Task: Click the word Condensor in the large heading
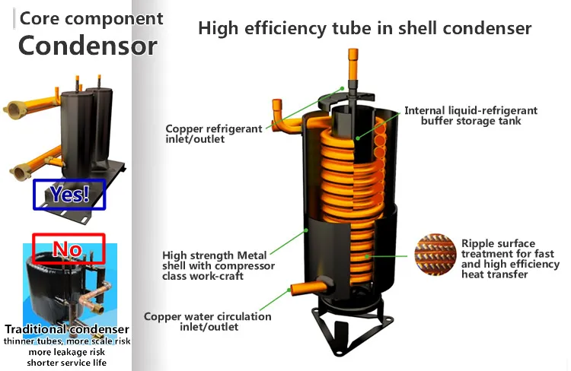point(88,46)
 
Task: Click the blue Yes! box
point(69,194)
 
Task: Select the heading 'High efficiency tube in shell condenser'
point(365,29)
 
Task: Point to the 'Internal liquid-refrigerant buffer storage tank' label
point(471,116)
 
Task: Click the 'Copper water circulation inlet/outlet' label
point(207,322)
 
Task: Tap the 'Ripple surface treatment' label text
point(509,258)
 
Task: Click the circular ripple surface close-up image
point(436,257)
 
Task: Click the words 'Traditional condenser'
point(66,329)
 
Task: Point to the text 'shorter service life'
point(66,363)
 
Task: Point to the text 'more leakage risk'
point(66,352)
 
